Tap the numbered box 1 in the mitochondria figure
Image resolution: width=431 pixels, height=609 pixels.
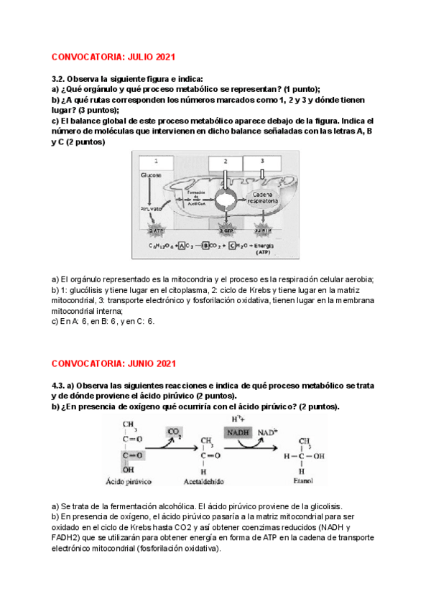156,160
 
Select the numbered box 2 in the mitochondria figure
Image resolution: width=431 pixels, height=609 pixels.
225,160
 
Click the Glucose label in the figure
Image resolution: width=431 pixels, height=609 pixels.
150,175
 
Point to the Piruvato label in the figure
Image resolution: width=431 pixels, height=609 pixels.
152,209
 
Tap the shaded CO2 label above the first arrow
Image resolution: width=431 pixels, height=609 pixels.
174,432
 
